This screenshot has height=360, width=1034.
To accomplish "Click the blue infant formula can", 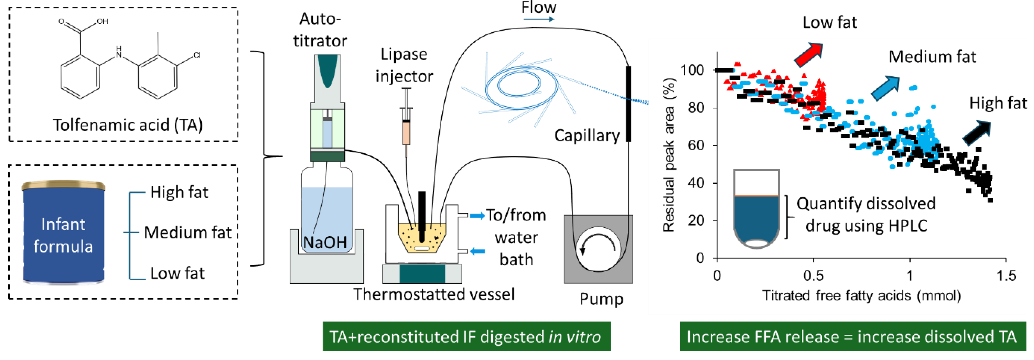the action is tap(64, 232).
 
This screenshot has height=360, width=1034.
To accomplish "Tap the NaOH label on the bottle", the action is tap(325, 242).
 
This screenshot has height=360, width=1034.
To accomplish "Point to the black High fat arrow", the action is tap(977, 133).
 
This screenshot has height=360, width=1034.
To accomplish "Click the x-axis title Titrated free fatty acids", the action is tap(861, 296).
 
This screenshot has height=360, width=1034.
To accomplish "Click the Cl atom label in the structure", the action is tap(197, 55).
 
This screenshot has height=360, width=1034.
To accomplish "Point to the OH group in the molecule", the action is tap(102, 21).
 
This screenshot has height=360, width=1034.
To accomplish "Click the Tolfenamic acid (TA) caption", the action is tap(128, 125).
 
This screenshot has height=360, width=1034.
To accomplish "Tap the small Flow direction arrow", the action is tap(538, 19).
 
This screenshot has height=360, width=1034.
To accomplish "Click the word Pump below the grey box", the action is tap(601, 299).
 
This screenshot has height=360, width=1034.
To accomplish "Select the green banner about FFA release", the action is tap(853, 336).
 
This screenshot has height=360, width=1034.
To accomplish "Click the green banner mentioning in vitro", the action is tap(466, 336).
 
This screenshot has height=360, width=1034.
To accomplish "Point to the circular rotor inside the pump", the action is tap(598, 249).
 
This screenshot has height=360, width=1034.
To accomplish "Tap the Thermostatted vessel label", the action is tap(434, 294).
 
